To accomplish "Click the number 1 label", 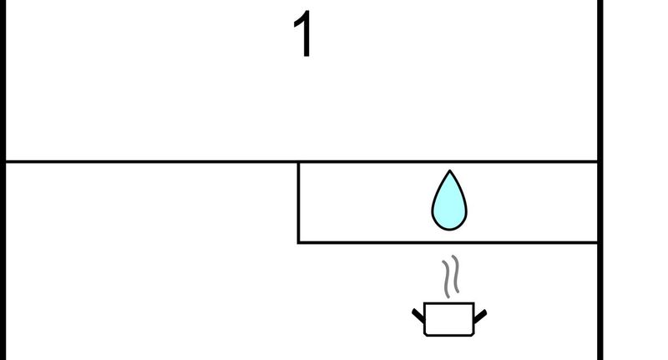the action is coord(303,33).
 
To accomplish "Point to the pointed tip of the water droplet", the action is coord(450,170).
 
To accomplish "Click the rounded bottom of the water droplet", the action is coord(449,229).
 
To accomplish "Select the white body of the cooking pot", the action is coord(449,319).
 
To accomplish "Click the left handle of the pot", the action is coord(418,315).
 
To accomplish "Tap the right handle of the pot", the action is coord(481,316).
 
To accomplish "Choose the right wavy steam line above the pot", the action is coord(456,274).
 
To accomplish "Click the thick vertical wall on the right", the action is coord(600,180).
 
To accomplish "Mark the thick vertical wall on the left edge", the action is coord(3,180).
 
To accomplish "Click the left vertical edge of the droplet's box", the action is coord(299,202).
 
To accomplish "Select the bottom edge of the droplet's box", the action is coord(448,242).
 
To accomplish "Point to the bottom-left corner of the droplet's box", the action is coord(299,242).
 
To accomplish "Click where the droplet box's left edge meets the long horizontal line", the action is coord(299,162).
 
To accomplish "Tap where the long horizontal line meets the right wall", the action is coord(598,162).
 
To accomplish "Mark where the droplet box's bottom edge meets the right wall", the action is coord(598,242).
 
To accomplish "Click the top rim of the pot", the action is coord(449,303).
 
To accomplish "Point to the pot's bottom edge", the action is coord(449,335).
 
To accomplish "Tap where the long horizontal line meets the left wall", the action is coord(6,162).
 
